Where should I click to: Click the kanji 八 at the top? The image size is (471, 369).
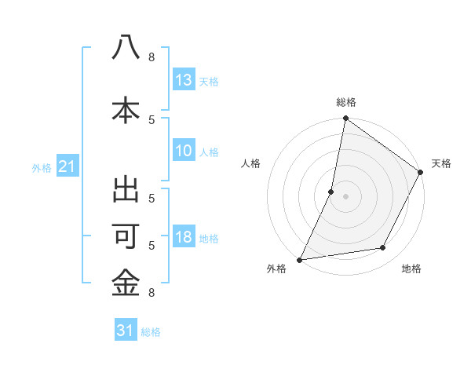coord(126,48)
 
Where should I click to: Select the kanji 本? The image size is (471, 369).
coord(126,110)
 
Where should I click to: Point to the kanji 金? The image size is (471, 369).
coord(126,283)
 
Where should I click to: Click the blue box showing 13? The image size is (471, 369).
coord(184,80)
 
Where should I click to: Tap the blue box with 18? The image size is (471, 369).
coord(184,238)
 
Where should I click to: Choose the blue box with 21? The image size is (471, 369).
coord(68,166)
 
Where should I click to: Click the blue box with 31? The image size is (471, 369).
coord(126,331)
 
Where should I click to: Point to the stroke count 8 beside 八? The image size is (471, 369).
coord(152,57)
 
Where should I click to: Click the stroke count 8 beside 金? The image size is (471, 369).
coord(152,293)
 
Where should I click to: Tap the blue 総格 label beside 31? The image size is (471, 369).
coord(151,332)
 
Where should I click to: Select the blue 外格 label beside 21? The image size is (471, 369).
coord(42,168)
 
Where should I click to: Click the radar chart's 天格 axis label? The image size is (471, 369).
coord(441,163)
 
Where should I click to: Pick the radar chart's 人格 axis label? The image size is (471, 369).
coord(250,163)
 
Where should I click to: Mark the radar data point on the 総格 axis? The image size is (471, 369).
coord(345,119)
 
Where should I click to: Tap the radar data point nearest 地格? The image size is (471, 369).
coord(383,248)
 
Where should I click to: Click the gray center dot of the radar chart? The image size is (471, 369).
coord(345,196)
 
